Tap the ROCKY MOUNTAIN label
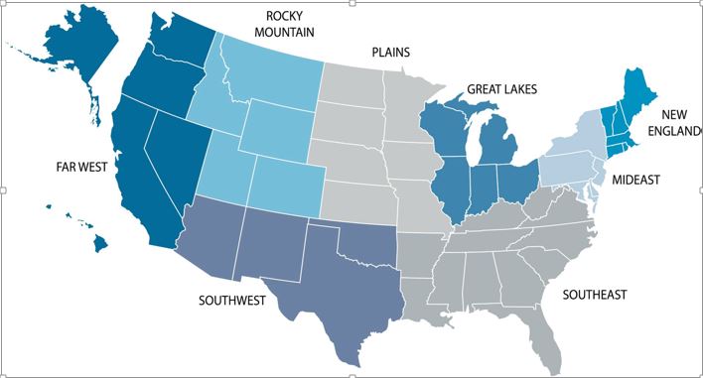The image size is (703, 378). pyautogui.click(x=290, y=24)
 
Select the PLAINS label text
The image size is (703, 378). pyautogui.click(x=390, y=53)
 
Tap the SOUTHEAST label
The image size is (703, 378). pyautogui.click(x=595, y=295)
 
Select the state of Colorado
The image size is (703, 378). pyautogui.click(x=286, y=184)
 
